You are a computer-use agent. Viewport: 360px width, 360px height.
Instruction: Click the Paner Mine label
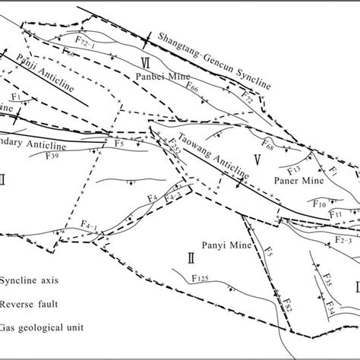pos(290,182)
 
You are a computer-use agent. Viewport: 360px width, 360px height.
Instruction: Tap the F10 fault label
pos(319,203)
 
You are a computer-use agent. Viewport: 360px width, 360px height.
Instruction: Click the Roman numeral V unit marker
pos(257,159)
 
